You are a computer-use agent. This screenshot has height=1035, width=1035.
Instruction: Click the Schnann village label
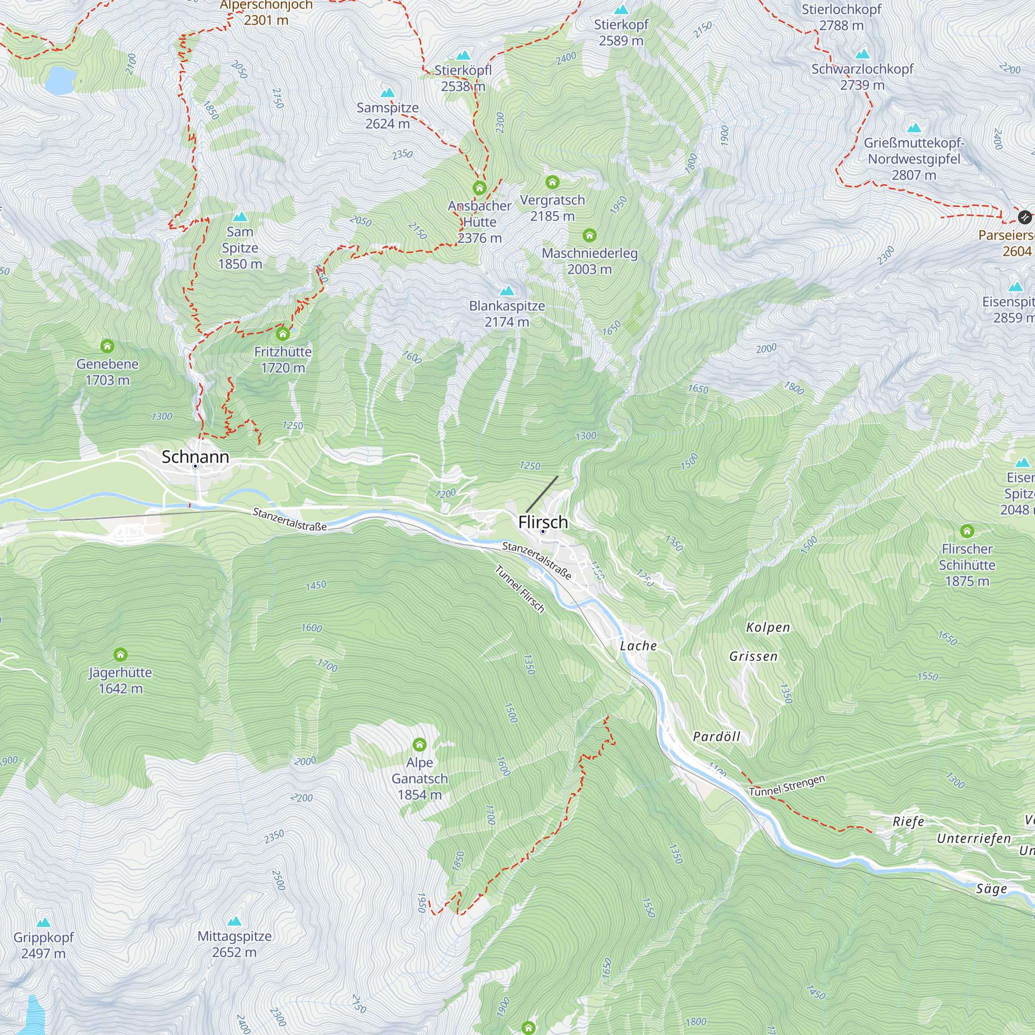pyautogui.click(x=195, y=457)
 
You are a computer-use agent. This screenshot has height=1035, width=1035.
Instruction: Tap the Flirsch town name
pyautogui.click(x=543, y=522)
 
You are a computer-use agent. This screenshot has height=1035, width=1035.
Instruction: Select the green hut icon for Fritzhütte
pyautogui.click(x=283, y=335)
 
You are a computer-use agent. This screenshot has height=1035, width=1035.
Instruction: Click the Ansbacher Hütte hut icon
pyautogui.click(x=480, y=188)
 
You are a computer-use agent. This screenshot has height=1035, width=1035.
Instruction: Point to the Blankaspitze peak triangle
pyautogui.click(x=507, y=291)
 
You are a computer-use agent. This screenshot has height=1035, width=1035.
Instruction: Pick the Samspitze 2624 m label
pyautogui.click(x=387, y=116)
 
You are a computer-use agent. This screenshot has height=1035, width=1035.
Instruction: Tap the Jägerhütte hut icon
pyautogui.click(x=121, y=655)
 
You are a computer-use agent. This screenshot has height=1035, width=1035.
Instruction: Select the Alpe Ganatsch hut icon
pyautogui.click(x=420, y=745)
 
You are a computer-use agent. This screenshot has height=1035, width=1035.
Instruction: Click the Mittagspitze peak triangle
pyautogui.click(x=234, y=922)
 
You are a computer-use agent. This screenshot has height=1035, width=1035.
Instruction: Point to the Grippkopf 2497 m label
pyautogui.click(x=43, y=945)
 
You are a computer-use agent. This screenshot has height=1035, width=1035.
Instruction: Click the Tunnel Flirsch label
pyautogui.click(x=520, y=589)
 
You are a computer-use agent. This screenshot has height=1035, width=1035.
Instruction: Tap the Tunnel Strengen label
pyautogui.click(x=787, y=786)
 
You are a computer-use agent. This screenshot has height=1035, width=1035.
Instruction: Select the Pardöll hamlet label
pyautogui.click(x=716, y=736)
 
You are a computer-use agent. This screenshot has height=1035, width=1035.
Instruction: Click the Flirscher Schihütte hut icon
pyautogui.click(x=967, y=531)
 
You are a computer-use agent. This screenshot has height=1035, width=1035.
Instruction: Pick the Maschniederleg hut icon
pyautogui.click(x=589, y=235)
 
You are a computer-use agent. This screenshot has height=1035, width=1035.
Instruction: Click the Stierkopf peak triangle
pyautogui.click(x=621, y=10)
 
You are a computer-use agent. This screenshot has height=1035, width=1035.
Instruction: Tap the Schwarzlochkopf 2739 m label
pyautogui.click(x=862, y=77)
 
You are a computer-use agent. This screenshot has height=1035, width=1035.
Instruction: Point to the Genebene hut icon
pyautogui.click(x=107, y=346)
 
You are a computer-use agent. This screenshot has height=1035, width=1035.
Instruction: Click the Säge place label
pyautogui.click(x=991, y=889)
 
